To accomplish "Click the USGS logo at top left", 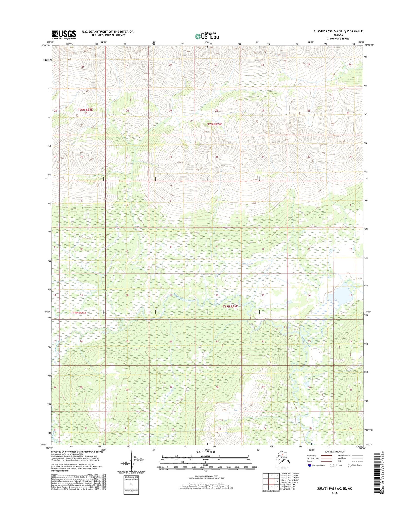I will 64,34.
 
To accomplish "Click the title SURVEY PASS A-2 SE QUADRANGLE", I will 338,31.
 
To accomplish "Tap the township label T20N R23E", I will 85,109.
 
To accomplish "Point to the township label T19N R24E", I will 231,306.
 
